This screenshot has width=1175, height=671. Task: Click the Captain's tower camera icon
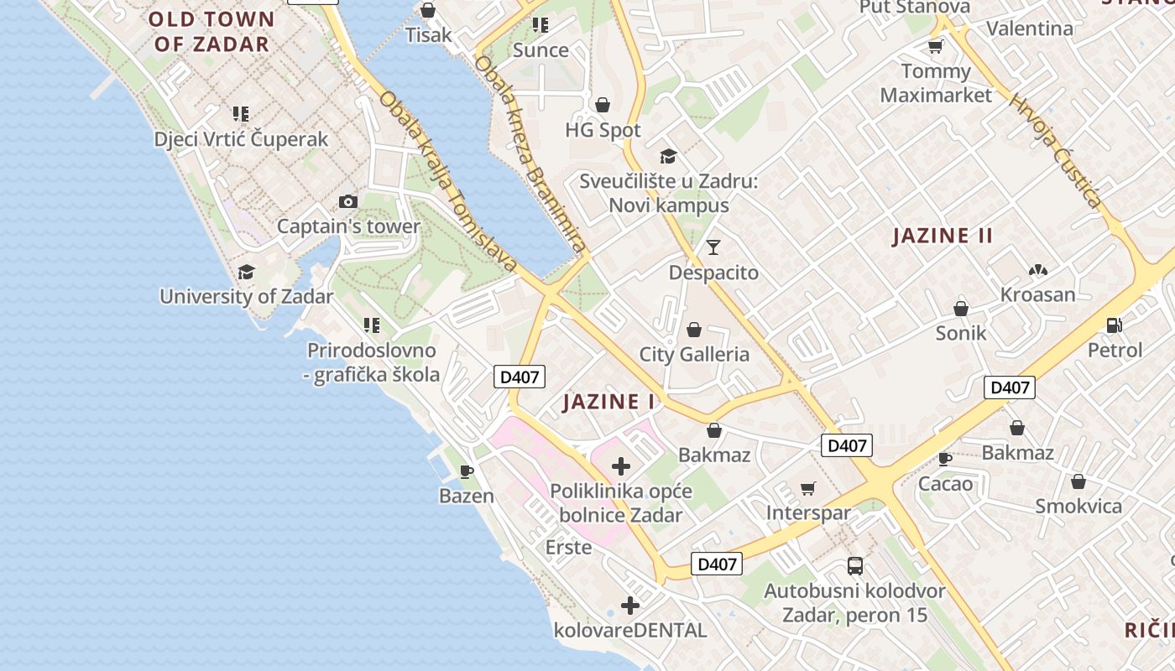point(347,201)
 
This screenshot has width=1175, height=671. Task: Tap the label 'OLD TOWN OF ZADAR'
point(212,31)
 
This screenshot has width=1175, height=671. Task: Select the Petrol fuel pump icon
point(1115,325)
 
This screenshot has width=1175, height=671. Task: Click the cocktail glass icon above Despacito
point(713,247)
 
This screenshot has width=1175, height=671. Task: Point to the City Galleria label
point(694,354)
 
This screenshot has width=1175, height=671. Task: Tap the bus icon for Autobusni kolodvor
point(854,565)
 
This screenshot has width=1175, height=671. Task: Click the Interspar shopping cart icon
point(808,488)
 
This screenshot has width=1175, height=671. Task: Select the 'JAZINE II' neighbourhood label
point(943,236)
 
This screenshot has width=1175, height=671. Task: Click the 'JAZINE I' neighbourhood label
point(608,402)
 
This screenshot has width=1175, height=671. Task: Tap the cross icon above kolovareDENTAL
point(630,605)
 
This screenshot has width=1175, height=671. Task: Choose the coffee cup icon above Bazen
point(467,471)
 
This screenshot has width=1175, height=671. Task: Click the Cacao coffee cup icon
point(945,458)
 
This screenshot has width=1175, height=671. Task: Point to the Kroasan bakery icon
point(1037,270)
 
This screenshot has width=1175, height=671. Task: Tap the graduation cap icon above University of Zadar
point(246,272)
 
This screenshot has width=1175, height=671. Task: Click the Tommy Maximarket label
point(936,83)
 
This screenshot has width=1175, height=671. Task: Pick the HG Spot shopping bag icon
point(602,105)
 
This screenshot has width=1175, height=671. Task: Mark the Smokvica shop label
point(1078,506)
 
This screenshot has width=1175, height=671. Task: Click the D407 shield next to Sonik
point(1009,388)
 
